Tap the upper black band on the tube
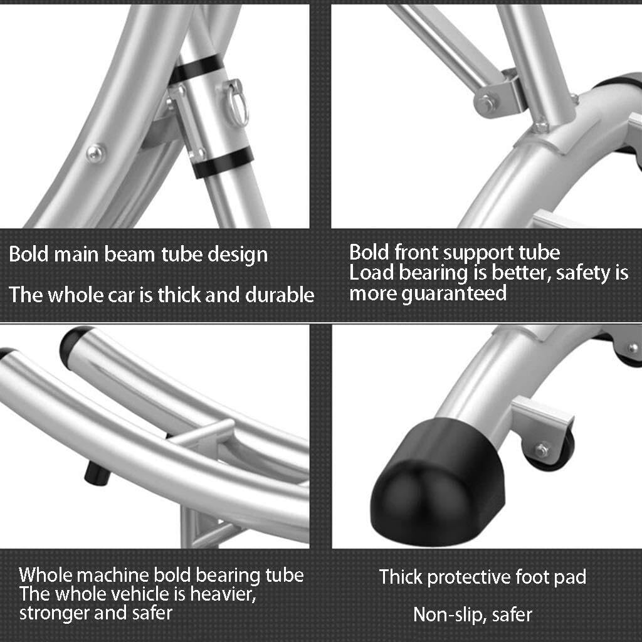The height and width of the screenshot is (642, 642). [196, 69]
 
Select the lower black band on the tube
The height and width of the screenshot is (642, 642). [223, 162]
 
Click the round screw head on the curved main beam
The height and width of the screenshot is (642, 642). [95, 154]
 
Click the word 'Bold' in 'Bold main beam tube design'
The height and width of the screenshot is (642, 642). [29, 255]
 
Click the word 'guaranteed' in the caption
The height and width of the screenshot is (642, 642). [454, 294]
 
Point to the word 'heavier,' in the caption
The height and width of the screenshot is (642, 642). [223, 594]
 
